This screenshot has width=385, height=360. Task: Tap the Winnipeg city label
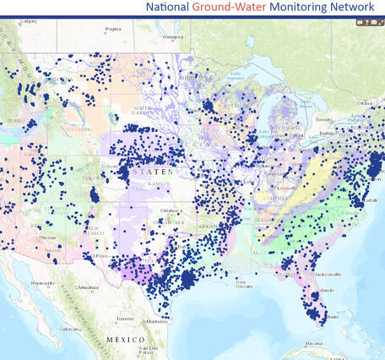[173, 36]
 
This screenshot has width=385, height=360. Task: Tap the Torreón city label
[125, 319]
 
